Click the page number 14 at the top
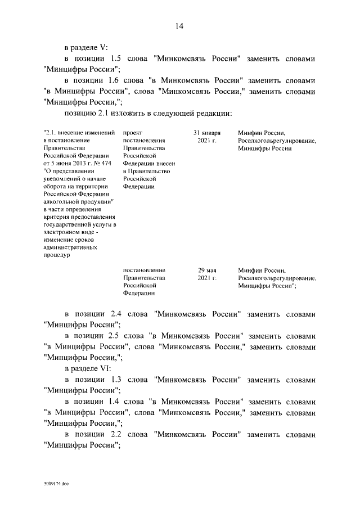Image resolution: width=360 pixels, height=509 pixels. [179, 26]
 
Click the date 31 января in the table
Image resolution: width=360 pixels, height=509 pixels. [206, 133]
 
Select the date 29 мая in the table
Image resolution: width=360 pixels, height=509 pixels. [206, 270]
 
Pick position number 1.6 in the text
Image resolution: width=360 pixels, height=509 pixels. [117, 80]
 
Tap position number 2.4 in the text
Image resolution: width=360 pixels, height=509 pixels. [117, 313]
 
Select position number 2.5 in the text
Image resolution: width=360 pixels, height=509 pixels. [117, 335]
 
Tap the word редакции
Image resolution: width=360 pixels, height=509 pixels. [214, 113]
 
